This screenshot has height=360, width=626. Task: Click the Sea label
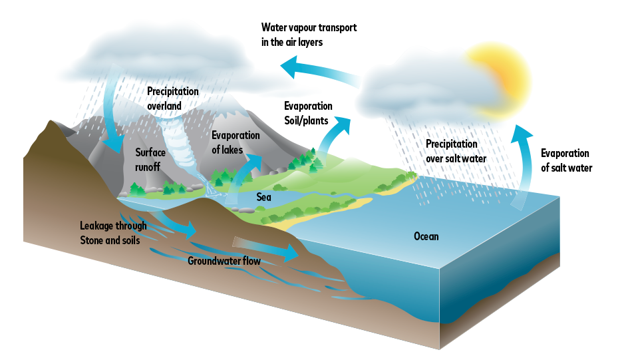[264, 197]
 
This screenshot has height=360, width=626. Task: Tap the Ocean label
[426, 236]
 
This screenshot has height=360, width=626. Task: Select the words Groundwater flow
[224, 261]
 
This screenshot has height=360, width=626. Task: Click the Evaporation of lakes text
[235, 142]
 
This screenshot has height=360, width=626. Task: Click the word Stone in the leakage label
[92, 240]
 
